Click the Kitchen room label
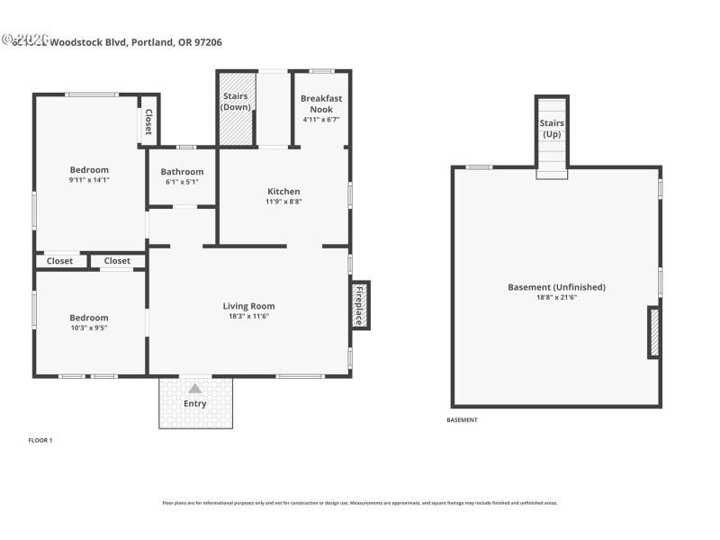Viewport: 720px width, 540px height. pos(283,191)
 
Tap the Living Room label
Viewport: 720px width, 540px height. pos(249,306)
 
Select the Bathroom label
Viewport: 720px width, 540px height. pos(182,172)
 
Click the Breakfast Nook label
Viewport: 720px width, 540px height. pos(321,103)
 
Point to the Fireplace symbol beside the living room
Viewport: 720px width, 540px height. pos(359,305)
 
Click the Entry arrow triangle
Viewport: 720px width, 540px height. pos(195,388)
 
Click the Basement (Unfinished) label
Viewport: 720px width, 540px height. pos(556,287)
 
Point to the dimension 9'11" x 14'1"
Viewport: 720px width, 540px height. pos(89,179)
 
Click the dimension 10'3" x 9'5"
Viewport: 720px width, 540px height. pos(89,328)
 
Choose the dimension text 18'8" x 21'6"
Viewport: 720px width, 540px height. pos(556,297)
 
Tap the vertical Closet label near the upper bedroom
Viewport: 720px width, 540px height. pos(148,121)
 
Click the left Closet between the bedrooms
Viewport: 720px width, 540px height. pos(59,261)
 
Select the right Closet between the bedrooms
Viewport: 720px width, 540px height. pos(117,261)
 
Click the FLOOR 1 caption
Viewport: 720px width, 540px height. pos(40,440)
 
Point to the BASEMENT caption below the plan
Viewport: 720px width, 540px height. pos(463,420)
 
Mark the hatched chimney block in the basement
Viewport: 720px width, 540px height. pos(653,332)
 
